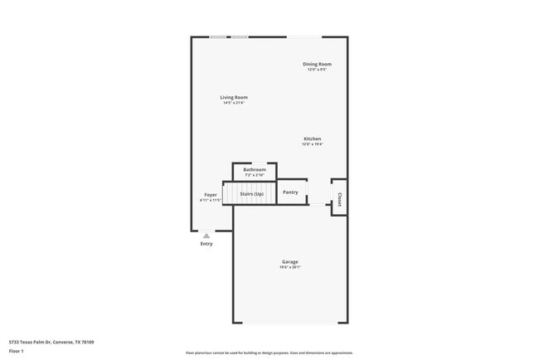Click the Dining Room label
tap(317, 64)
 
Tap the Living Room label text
tap(234, 97)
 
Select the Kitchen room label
tap(313, 139)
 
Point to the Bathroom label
tap(255, 169)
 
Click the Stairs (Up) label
tap(252, 193)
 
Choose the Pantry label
tap(290, 192)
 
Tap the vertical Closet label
tap(339, 199)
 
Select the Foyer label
tap(211, 195)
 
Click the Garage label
tap(289, 261)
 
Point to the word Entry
tap(206, 244)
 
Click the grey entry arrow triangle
tap(206, 236)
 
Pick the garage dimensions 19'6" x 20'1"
tap(289, 267)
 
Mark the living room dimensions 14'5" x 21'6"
tap(234, 103)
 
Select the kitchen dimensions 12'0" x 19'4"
tap(313, 144)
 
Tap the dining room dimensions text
tap(317, 70)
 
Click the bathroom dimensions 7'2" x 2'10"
tap(255, 175)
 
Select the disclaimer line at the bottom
tap(269, 353)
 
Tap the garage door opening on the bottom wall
tap(290, 323)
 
